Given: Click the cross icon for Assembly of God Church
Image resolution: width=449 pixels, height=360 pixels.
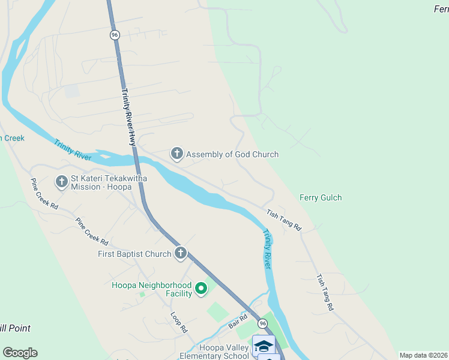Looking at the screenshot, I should point(177,154).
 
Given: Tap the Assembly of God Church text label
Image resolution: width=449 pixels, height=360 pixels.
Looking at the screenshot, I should point(232,154).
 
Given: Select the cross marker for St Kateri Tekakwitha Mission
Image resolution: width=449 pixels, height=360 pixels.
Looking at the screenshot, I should point(62,182).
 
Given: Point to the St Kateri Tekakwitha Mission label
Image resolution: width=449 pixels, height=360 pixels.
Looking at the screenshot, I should point(109,182).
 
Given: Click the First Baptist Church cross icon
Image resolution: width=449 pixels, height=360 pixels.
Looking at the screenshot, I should point(181,254).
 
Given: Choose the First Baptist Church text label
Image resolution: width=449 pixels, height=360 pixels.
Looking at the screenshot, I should point(134,254).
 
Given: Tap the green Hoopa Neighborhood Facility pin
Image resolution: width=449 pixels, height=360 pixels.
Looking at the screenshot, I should point(201,289).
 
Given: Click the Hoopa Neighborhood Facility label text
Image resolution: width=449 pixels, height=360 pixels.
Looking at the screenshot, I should point(152,289).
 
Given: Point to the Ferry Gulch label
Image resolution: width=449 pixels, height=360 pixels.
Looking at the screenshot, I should point(321,197).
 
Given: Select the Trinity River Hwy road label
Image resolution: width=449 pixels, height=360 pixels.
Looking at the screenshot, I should point(129,117).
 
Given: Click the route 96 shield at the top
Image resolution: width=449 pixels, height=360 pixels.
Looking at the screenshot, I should point(115,35).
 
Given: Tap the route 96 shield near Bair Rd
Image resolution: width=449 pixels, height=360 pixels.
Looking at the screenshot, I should point(262,323).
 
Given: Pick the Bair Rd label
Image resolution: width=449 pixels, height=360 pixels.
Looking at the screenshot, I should point(238,321).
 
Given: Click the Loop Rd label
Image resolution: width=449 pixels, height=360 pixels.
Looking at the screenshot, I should point(179,322).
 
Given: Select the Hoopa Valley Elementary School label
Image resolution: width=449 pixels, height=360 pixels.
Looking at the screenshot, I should point(215,352).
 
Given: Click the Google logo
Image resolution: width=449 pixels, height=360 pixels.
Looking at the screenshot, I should point(20,353).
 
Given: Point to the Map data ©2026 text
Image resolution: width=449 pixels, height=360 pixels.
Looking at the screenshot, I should point(423,355).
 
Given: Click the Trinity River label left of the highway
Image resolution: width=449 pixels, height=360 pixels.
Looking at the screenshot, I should point(72,150).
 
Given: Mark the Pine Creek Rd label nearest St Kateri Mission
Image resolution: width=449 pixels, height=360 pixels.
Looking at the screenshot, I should point(44,193).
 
